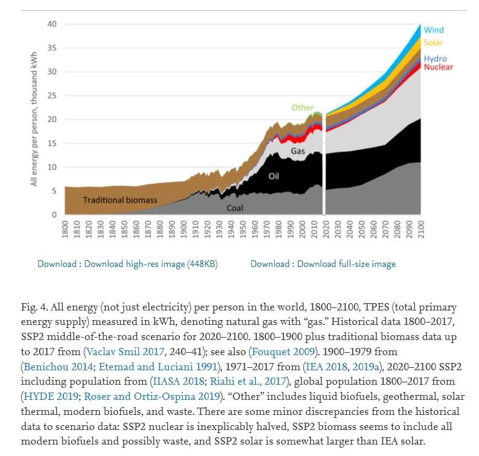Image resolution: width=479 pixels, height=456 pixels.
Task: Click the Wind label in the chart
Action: [x=434, y=30]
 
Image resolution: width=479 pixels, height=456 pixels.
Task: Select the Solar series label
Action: [x=433, y=43]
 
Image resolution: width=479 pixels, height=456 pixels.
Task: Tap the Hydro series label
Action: [x=435, y=59]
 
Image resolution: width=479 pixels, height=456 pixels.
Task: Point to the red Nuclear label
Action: [x=439, y=66]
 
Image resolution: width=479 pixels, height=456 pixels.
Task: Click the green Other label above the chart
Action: [x=302, y=108]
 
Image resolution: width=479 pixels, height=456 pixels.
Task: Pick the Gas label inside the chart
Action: [x=298, y=151]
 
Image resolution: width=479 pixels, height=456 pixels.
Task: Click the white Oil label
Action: [x=274, y=176]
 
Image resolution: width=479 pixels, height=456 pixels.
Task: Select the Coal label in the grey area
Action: [x=235, y=208]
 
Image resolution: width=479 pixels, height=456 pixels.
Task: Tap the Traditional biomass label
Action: [x=120, y=199]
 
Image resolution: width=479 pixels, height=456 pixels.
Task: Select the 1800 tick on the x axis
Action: [x=65, y=230]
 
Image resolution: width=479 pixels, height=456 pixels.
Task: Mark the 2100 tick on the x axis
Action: [x=421, y=230]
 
